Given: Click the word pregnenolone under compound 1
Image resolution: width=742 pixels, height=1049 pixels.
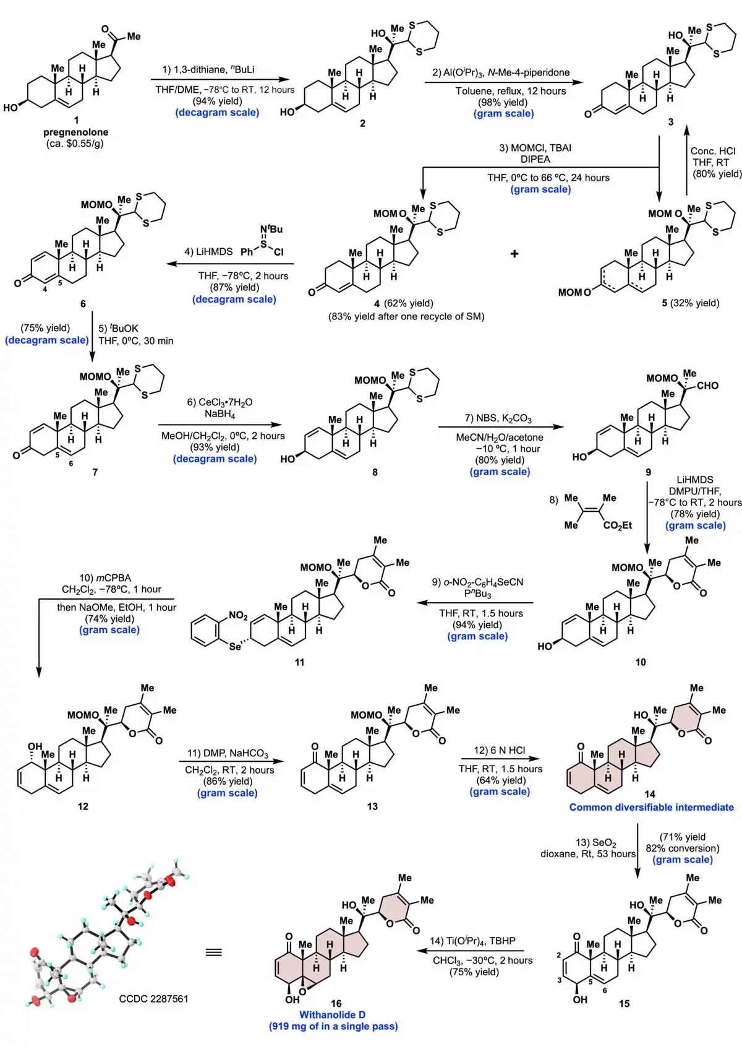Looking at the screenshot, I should pyautogui.click(x=75, y=132).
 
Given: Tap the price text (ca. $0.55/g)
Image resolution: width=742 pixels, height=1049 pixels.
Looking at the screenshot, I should pyautogui.click(x=75, y=144).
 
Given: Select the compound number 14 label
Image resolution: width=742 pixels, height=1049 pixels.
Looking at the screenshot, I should pyautogui.click(x=650, y=793).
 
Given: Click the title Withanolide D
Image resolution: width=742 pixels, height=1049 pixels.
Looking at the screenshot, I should pyautogui.click(x=332, y=1014).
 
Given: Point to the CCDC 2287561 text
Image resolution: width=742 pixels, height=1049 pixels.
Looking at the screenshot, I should pyautogui.click(x=153, y=998).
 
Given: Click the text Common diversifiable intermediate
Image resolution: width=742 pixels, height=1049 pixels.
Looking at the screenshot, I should pyautogui.click(x=651, y=807).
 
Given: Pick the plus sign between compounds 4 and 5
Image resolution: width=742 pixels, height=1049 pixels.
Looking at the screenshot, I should pyautogui.click(x=514, y=253).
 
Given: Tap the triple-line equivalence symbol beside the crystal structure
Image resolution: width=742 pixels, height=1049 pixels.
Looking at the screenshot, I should pyautogui.click(x=213, y=952).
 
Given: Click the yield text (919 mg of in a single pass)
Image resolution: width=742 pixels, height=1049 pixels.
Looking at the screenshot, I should pyautogui.click(x=333, y=1026).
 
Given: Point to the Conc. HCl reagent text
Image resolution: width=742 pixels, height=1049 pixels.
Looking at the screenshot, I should pyautogui.click(x=713, y=151).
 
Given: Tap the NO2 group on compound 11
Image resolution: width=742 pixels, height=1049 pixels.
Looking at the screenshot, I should pyautogui.click(x=238, y=615).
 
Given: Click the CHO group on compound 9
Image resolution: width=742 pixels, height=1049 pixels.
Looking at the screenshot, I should pyautogui.click(x=707, y=386).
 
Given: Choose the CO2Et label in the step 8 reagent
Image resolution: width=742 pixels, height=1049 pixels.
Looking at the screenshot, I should pyautogui.click(x=618, y=525).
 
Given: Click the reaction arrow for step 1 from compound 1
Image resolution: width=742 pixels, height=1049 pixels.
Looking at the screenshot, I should pyautogui.click(x=220, y=79).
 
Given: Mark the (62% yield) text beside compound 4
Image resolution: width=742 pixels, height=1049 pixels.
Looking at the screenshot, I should pyautogui.click(x=409, y=303).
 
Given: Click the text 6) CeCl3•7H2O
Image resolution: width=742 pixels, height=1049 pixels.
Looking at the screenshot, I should pyautogui.click(x=220, y=402).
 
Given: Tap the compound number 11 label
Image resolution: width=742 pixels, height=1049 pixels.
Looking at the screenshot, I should pyautogui.click(x=299, y=662).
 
